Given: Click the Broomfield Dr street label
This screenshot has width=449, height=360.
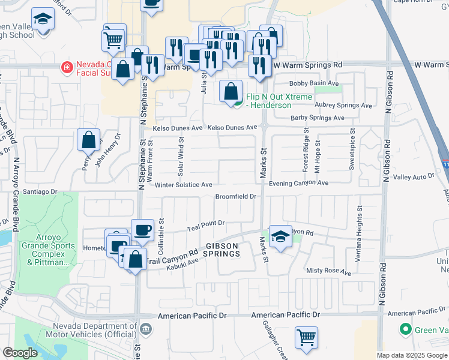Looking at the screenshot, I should coord(236,196).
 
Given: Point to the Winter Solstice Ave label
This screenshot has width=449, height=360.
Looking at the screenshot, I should coord(184,185).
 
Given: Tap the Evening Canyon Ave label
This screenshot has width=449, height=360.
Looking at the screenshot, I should coord(298,183).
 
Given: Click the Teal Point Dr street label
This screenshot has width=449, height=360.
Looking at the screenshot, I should coord(205,223).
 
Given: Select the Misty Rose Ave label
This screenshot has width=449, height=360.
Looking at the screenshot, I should coord(328,272).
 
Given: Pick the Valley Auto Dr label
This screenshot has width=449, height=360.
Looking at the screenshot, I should coord(413,177).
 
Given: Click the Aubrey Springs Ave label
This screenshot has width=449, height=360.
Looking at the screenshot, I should coord(343,105).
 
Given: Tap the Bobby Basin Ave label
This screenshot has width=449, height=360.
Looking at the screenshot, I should coord(314,83).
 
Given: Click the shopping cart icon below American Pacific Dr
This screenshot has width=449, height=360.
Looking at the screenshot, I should coord(307,337).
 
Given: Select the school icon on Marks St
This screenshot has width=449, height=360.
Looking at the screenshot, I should coord(280,236).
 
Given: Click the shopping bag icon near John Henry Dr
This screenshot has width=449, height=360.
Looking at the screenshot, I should coord(88,140).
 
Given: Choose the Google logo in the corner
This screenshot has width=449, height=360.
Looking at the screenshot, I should coord(20,353).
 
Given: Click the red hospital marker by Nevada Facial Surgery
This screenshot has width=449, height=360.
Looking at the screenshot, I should coord(67,67).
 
